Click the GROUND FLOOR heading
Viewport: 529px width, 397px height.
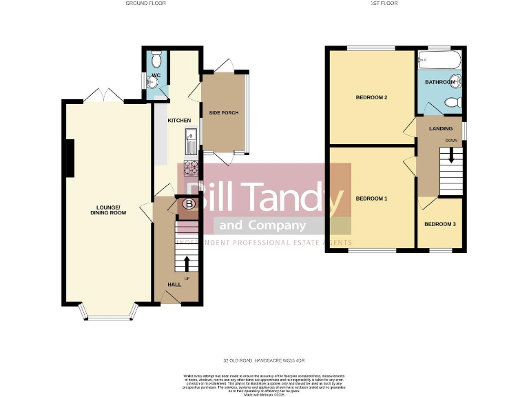pos(145,3)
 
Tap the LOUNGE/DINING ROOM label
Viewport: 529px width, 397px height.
pos(110,210)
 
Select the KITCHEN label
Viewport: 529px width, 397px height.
pos(180,121)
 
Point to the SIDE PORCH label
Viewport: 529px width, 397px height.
pos(224,112)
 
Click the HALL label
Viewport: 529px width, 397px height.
pos(174,284)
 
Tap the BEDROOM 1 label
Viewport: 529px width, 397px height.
pos(371,198)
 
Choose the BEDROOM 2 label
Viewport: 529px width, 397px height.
pos(371,97)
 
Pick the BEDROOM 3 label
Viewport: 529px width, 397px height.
pos(439,224)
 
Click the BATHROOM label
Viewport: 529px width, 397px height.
pos(439,82)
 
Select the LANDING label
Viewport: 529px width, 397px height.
pos(441,128)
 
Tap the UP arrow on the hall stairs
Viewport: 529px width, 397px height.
pos(186,263)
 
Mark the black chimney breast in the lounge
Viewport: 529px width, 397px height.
pos(70,158)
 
